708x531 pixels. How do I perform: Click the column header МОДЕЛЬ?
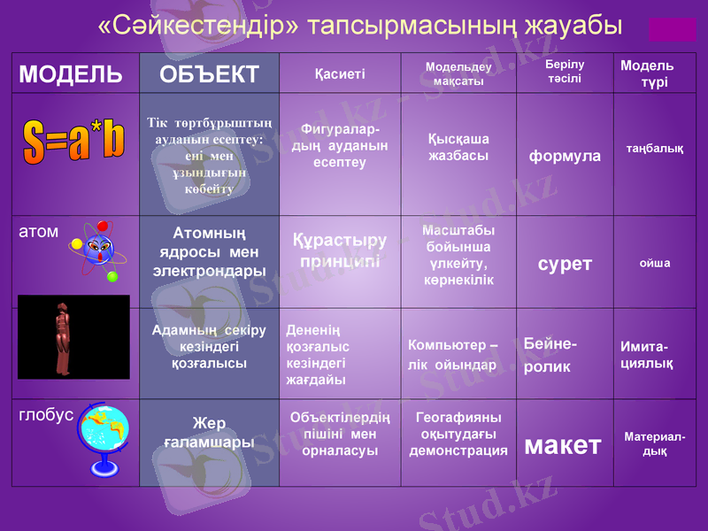pyautogui.click(x=71, y=74)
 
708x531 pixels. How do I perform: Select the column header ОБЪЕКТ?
pyautogui.click(x=210, y=74)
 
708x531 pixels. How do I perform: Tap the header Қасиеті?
pyautogui.click(x=340, y=74)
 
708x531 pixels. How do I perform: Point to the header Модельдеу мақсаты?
pyautogui.click(x=454, y=74)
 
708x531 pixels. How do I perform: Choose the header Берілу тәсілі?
pyautogui.click(x=565, y=72)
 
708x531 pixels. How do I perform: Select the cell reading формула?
pyautogui.click(x=565, y=157)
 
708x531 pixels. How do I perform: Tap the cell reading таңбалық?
pyautogui.click(x=655, y=149)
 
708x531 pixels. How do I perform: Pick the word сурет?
pyautogui.click(x=565, y=264)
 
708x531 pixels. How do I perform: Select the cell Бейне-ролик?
pyautogui.click(x=550, y=355)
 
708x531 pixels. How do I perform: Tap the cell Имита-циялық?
pyautogui.click(x=647, y=355)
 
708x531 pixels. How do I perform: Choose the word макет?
pyautogui.click(x=563, y=445)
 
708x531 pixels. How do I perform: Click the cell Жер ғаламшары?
pyautogui.click(x=210, y=432)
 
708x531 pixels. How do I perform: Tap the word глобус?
pyautogui.click(x=46, y=416)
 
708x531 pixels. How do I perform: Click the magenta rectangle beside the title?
pyautogui.click(x=673, y=29)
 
